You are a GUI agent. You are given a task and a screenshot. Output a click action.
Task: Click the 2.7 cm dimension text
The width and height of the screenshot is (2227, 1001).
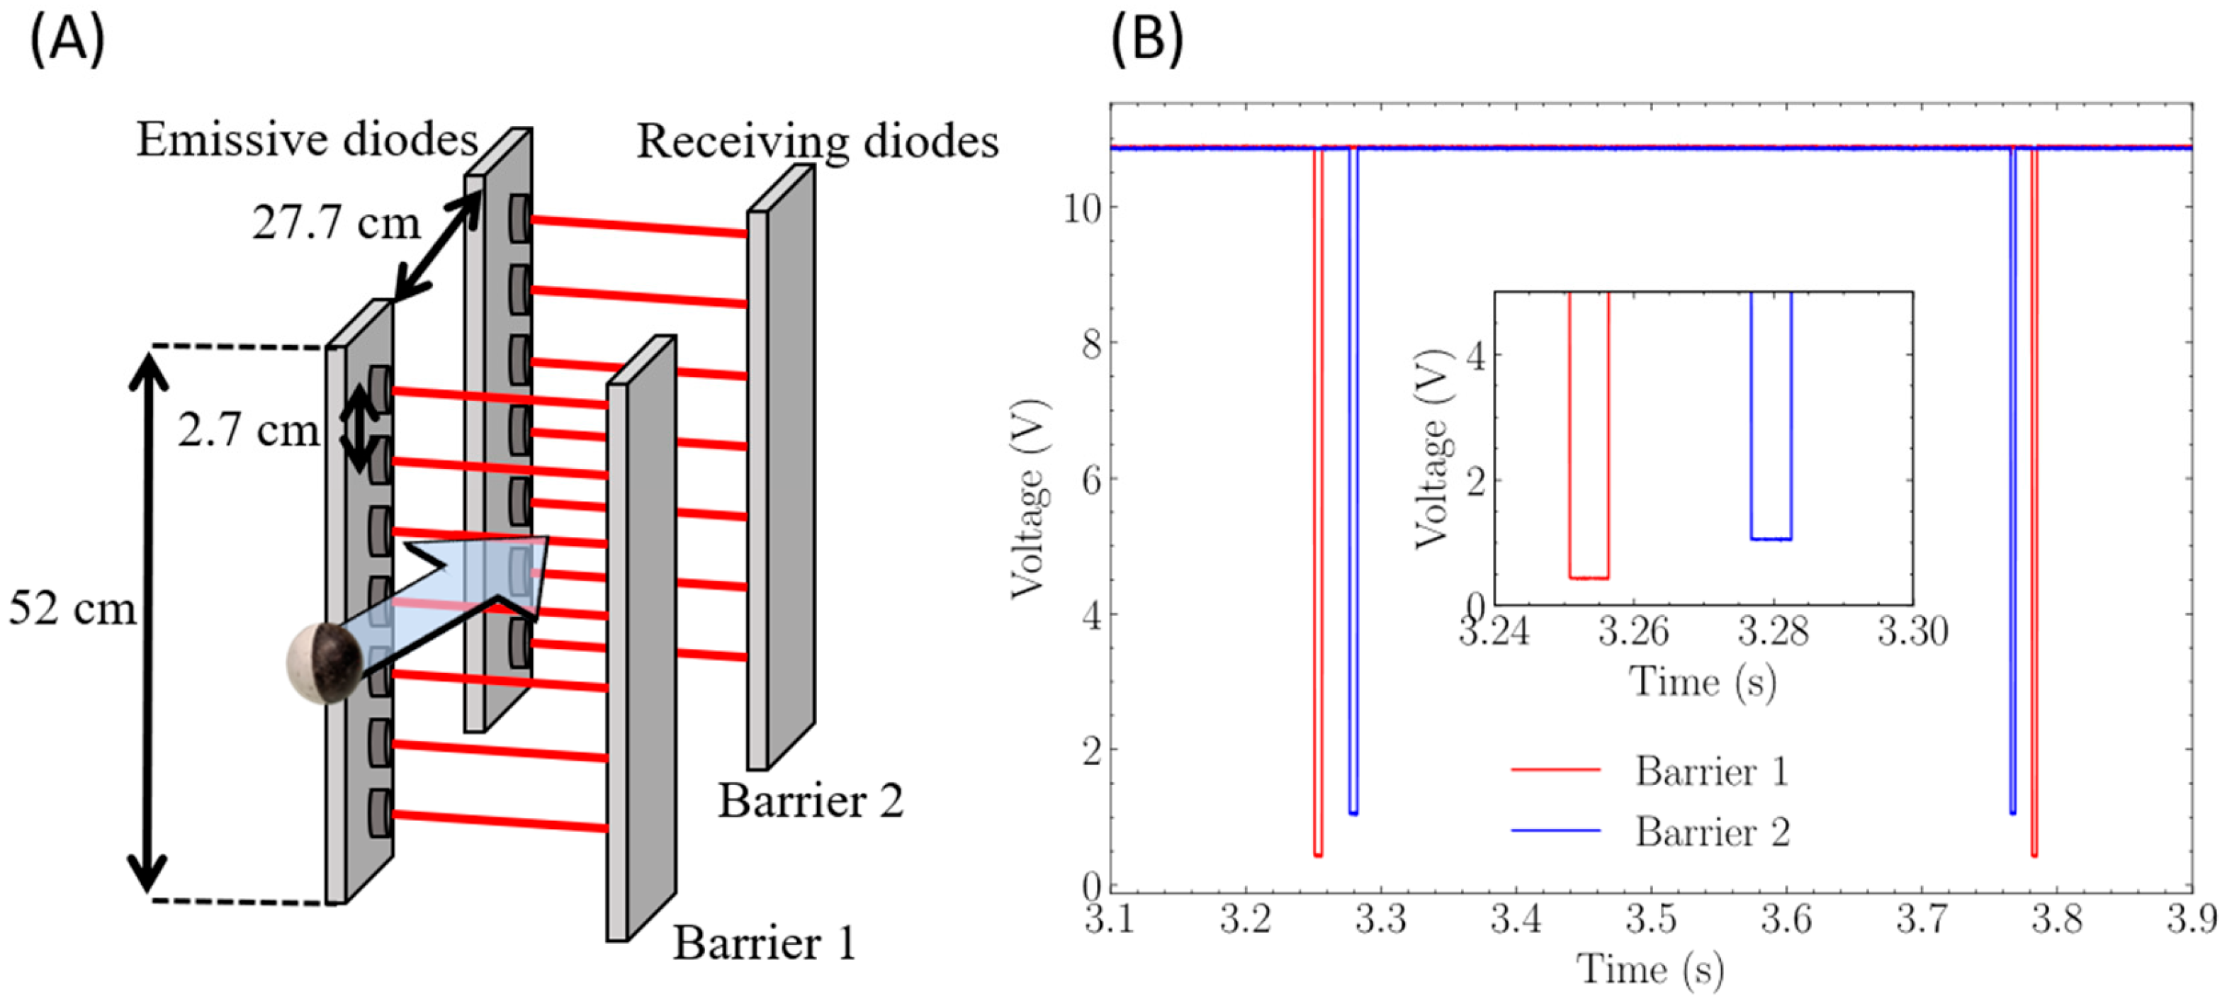[248, 429]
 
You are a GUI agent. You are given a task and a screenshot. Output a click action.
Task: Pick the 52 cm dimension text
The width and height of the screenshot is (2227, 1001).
[72, 609]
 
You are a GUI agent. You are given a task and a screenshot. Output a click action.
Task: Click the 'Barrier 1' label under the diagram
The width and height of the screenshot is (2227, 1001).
[765, 943]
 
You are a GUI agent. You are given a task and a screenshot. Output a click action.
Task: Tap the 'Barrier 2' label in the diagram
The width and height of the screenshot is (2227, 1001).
[810, 801]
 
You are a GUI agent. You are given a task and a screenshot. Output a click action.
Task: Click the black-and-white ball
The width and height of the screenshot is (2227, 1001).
[326, 662]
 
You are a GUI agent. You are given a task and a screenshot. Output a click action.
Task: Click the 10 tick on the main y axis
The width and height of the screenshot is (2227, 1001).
[1081, 208]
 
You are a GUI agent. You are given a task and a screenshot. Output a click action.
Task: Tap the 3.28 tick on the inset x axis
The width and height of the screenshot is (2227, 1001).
[1773, 631]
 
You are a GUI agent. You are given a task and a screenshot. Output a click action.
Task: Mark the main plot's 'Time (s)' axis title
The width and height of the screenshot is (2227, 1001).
[1650, 969]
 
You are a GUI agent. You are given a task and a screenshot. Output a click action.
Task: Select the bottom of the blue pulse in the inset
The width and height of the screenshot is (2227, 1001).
[1771, 538]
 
